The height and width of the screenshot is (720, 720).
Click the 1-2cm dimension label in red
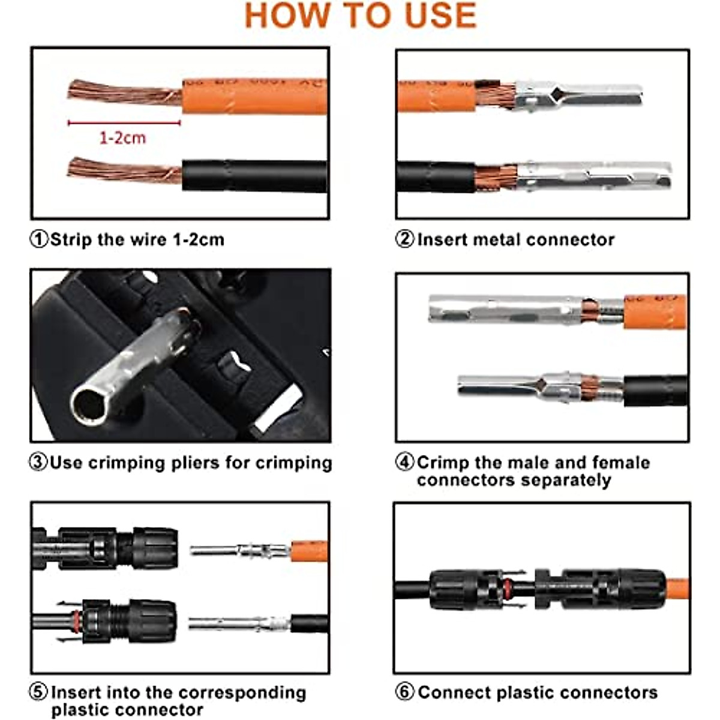[122, 138]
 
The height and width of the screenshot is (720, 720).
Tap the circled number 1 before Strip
[38, 239]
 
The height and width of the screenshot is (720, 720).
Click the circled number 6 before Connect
[404, 692]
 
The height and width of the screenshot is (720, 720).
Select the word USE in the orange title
[440, 16]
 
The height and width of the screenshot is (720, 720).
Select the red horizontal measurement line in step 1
[124, 123]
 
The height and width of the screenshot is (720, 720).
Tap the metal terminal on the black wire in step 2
[591, 174]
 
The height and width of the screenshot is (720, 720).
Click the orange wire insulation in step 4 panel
[654, 311]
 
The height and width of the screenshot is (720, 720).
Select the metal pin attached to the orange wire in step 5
[240, 550]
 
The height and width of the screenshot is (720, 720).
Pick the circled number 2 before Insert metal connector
[404, 239]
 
